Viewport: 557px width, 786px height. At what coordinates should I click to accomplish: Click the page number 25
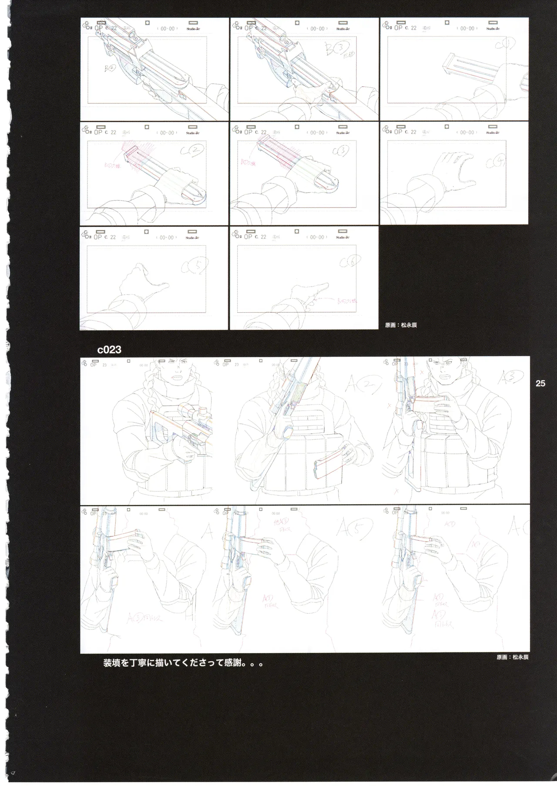(540, 383)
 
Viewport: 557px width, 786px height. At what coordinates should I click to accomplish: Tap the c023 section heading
(109, 350)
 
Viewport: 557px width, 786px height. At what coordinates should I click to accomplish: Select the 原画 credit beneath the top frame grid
(401, 324)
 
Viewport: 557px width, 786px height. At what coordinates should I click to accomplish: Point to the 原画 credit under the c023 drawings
(512, 657)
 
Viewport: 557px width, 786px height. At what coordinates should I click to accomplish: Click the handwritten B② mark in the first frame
(110, 68)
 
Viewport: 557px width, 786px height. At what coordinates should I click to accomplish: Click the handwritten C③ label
(340, 151)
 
